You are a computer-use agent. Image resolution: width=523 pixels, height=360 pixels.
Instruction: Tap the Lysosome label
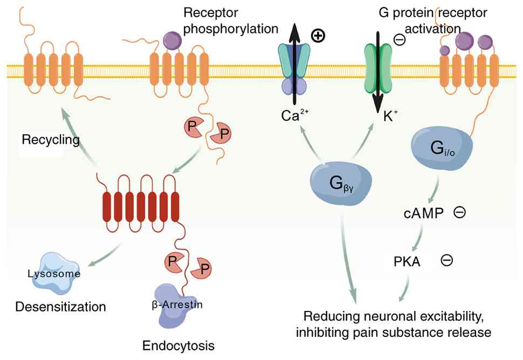pyautogui.click(x=54, y=274)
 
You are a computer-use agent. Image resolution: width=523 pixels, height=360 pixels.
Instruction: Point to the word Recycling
pyautogui.click(x=51, y=140)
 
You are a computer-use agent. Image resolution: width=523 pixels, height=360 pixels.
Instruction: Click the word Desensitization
pyautogui.click(x=60, y=307)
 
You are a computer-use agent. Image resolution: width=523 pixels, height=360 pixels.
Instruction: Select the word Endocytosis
pyautogui.click(x=178, y=344)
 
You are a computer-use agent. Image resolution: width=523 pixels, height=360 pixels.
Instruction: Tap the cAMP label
pyautogui.click(x=424, y=213)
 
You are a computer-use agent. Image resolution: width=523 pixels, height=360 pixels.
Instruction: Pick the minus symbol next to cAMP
pyautogui.click(x=460, y=213)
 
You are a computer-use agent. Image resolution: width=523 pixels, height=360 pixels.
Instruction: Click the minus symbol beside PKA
pyautogui.click(x=447, y=261)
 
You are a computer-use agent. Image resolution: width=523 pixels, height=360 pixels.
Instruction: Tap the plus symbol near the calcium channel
pyautogui.click(x=318, y=37)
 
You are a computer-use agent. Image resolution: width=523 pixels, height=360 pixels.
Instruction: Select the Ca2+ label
pyautogui.click(x=294, y=116)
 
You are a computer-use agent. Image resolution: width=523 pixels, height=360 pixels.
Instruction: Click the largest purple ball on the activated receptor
pyautogui.click(x=465, y=40)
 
